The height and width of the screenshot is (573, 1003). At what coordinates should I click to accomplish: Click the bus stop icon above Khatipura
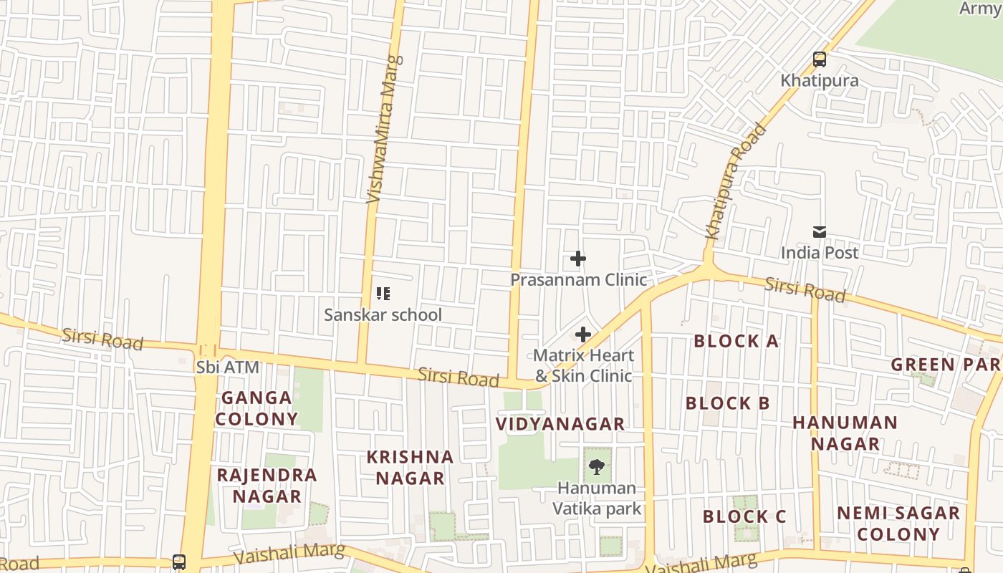tap(819, 59)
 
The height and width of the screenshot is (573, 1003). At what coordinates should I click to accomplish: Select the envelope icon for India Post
tap(819, 232)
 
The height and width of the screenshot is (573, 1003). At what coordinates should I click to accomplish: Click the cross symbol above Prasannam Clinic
tap(578, 259)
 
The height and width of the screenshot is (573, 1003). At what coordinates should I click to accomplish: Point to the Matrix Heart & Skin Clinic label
tap(583, 365)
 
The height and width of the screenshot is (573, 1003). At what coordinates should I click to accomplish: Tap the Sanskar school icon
tap(383, 294)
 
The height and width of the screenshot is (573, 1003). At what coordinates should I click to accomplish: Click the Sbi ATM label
tap(227, 367)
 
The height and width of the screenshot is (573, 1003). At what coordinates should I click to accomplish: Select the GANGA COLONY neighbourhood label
tap(257, 408)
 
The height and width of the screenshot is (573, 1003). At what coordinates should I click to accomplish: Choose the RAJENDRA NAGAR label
tap(267, 486)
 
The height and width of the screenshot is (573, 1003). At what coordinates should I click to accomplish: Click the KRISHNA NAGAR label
tap(410, 468)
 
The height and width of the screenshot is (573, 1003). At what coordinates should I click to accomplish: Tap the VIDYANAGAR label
tap(560, 424)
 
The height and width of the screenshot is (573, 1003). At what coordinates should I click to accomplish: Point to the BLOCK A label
tap(736, 342)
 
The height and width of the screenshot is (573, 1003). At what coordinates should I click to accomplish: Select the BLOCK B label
tap(727, 404)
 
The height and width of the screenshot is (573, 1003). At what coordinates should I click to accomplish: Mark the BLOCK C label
tap(744, 516)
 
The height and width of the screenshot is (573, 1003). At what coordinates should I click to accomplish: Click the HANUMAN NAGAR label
tap(845, 433)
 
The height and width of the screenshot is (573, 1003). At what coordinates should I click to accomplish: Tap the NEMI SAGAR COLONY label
tap(898, 524)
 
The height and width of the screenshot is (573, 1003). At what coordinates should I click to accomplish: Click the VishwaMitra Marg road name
tap(384, 129)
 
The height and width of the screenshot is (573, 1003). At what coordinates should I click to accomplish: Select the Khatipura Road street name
tap(736, 182)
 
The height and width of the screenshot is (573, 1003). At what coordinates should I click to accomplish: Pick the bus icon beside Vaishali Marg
tap(179, 562)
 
